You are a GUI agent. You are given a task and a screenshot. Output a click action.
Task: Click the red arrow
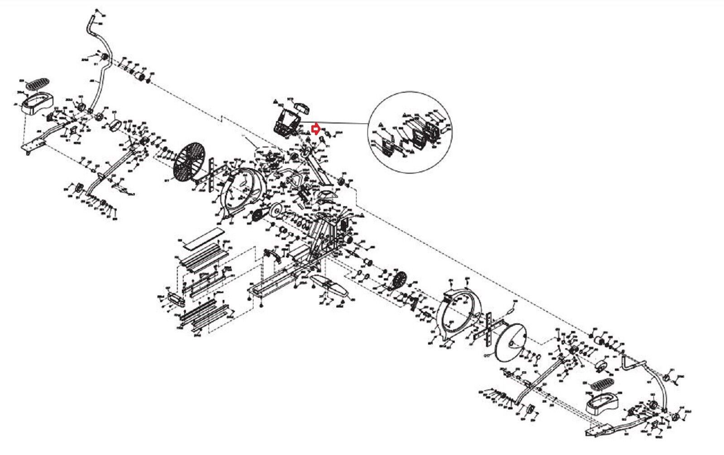[316, 129]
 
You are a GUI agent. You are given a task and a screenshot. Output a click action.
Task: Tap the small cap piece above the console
[302, 107]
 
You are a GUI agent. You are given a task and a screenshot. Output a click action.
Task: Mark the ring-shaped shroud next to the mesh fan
[244, 190]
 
